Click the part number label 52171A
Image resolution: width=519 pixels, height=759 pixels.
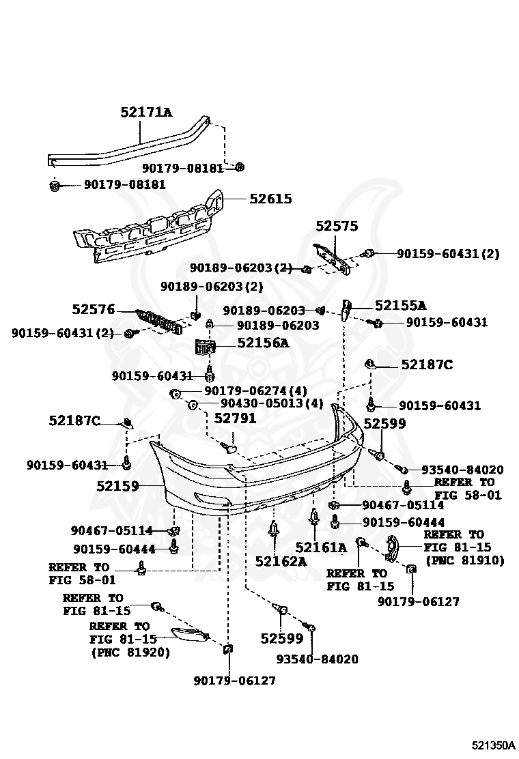point(146,112)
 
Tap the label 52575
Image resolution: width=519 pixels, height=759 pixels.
point(337,226)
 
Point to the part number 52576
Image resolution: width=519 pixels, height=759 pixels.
point(94,309)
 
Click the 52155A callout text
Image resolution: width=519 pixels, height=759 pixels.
point(399,306)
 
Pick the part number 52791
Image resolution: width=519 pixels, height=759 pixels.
point(235,418)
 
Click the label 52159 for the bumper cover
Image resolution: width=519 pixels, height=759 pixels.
point(117,487)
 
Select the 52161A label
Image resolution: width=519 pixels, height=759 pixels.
point(321,547)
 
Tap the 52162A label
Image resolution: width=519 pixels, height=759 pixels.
point(281,561)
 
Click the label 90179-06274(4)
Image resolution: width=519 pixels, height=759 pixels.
point(255,391)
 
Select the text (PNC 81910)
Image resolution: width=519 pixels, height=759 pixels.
point(464,560)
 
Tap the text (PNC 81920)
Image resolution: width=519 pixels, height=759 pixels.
point(130,653)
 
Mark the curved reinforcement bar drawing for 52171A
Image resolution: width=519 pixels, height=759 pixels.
point(137,145)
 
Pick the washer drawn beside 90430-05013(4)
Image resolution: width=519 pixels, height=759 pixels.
point(192,405)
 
